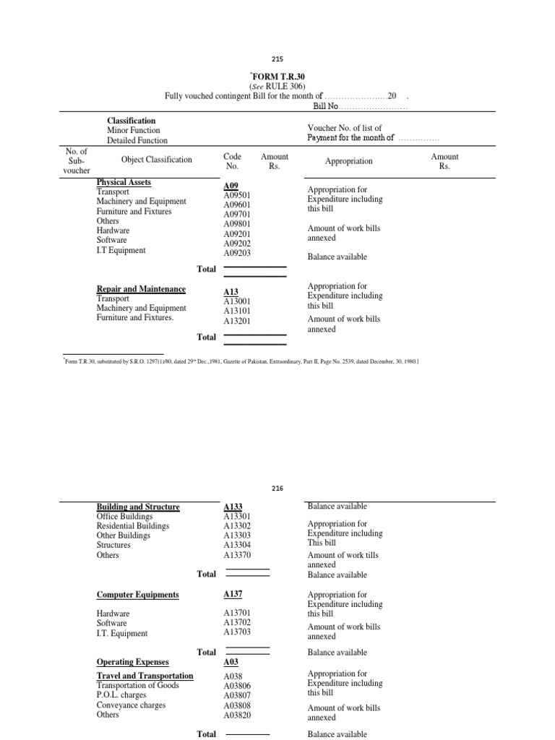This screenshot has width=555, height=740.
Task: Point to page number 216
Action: point(277,488)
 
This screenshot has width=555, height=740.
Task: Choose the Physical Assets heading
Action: point(124,182)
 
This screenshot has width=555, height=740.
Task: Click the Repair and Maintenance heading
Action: point(141,289)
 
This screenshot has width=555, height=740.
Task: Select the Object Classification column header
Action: point(157,160)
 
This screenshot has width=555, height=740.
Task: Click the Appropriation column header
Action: point(349,162)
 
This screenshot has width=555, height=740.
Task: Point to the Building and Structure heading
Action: point(138,507)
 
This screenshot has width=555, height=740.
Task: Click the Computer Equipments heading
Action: point(137,595)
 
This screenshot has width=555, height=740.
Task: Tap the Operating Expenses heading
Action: point(132,662)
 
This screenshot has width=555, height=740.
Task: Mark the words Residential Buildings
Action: point(132,526)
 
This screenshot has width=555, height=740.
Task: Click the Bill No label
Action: point(325,106)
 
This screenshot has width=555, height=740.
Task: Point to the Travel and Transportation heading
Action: point(145,676)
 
